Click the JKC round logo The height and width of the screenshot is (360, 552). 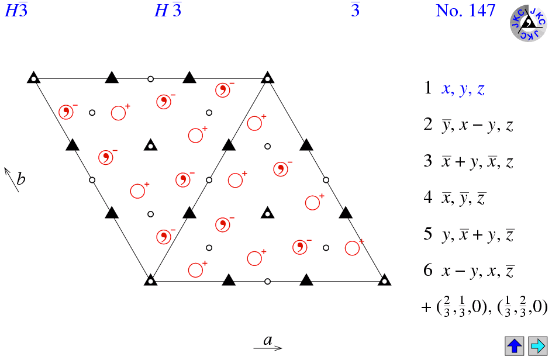(529, 23)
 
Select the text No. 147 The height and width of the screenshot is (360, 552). (465, 11)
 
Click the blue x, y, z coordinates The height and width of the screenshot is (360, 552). (463, 89)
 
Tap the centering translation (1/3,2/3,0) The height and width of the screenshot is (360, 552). (522, 307)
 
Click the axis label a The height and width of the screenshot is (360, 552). (268, 340)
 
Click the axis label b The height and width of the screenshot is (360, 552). (21, 179)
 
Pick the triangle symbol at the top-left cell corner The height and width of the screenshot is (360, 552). (33, 77)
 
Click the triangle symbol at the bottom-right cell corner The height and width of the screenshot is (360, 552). (384, 280)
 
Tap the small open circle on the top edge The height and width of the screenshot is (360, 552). (150, 79)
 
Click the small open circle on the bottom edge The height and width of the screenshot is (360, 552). (267, 282)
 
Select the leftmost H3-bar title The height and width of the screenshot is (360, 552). (16, 10)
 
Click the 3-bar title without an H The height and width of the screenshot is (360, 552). (355, 10)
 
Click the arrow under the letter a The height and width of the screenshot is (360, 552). (268, 348)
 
